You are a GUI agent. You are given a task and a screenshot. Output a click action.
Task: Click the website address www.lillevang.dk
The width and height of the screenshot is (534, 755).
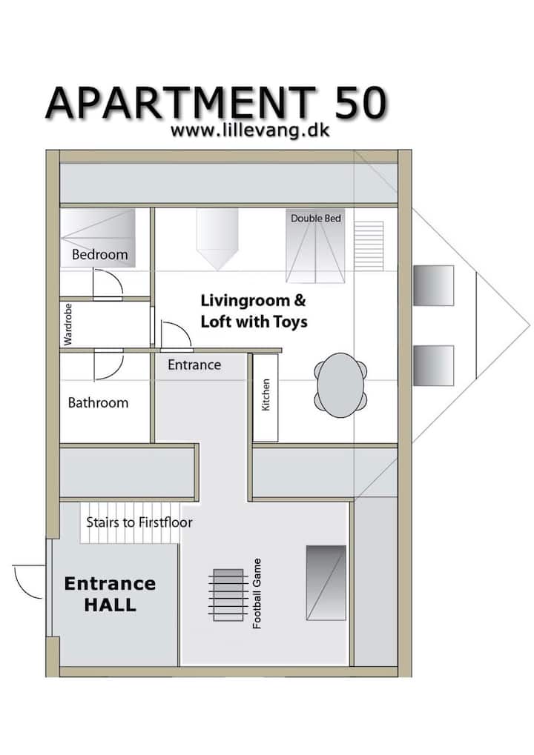point(250,130)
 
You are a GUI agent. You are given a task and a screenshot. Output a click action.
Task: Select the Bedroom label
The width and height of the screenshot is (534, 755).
point(100,254)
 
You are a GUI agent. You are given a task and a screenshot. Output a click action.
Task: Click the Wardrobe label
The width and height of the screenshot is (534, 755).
point(68,324)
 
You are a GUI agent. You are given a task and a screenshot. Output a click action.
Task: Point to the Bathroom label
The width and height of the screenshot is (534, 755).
point(99,402)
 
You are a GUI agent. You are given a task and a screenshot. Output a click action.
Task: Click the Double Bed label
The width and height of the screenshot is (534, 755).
point(316,218)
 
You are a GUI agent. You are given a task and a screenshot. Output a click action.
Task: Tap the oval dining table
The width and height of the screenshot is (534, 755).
point(340,385)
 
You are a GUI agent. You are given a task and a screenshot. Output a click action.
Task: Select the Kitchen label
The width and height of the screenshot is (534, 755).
point(266,395)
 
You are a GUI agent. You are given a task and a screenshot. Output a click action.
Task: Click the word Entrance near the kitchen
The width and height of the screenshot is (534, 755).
point(194,365)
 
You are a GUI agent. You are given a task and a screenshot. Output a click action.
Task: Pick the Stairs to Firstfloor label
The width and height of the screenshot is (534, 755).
point(139,522)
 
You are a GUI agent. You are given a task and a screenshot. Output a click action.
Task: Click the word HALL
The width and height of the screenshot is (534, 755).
point(111,605)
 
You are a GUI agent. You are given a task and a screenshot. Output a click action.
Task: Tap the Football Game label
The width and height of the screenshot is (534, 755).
point(257,593)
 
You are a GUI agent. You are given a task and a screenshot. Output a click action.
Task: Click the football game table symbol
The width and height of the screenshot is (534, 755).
point(228,595)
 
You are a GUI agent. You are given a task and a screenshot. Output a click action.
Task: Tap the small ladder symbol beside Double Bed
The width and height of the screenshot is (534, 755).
point(369,245)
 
